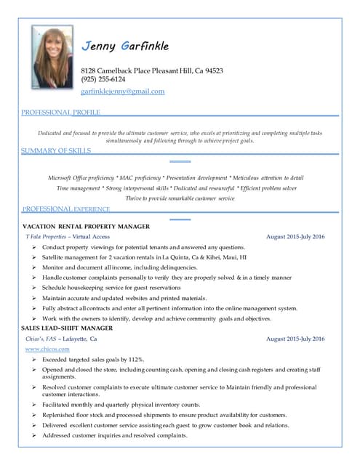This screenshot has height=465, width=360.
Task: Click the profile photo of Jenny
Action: click(52, 57)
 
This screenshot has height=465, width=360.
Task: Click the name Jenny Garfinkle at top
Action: click(125, 46)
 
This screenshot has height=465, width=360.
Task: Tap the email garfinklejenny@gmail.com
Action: click(122, 92)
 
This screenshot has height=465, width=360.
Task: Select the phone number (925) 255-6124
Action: click(103, 80)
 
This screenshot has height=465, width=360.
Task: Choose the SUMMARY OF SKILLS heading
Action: click(56, 150)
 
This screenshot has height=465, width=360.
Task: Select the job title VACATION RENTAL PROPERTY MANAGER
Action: click(87, 227)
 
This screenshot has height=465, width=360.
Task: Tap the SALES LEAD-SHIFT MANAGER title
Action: click(67, 328)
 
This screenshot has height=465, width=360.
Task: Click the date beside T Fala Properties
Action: click(295, 237)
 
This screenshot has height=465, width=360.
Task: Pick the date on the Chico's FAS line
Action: click(295, 339)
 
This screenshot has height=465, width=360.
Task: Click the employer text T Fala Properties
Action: click(46, 237)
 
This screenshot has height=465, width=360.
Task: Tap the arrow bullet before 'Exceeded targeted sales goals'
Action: click(35, 360)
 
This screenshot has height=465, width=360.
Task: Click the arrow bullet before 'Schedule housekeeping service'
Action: click(35, 288)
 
